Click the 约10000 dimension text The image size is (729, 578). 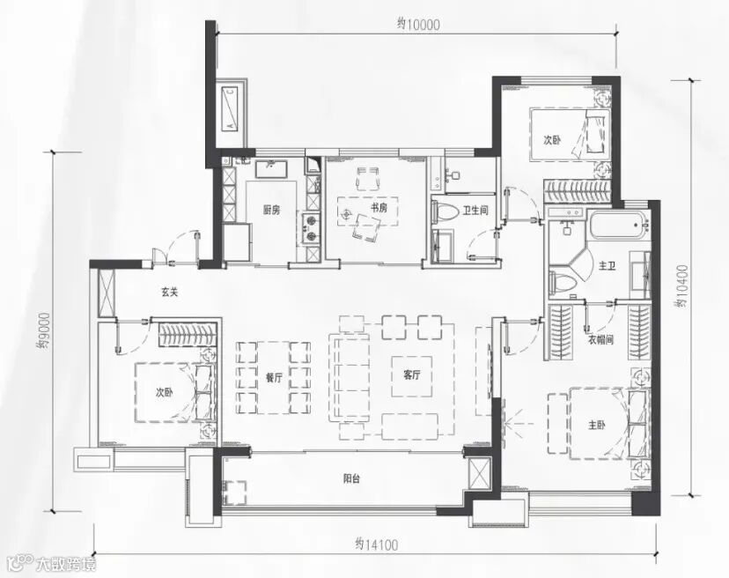pyautogui.click(x=418, y=25)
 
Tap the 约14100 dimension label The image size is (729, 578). pyautogui.click(x=377, y=545)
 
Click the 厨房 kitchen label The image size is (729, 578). pyautogui.click(x=271, y=211)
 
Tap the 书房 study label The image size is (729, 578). pyautogui.click(x=379, y=208)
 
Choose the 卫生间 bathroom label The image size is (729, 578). pyautogui.click(x=475, y=211)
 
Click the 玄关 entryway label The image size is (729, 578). pyautogui.click(x=170, y=293)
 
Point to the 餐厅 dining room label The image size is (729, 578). pyautogui.click(x=275, y=378)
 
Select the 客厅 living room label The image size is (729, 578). pyautogui.click(x=412, y=375)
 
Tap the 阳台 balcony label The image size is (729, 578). pyautogui.click(x=351, y=478)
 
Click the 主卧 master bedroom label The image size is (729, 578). pyautogui.click(x=597, y=426)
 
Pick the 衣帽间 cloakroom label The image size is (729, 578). pyautogui.click(x=601, y=340)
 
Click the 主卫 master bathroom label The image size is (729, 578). pyautogui.click(x=607, y=266)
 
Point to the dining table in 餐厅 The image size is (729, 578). pyautogui.click(x=273, y=377)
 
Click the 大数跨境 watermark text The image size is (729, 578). pyautogui.click(x=67, y=565)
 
